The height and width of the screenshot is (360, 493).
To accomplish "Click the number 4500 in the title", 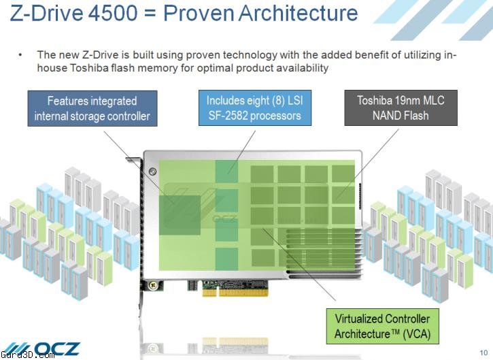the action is click(x=113, y=13).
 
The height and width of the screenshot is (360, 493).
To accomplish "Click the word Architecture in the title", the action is click(x=299, y=13).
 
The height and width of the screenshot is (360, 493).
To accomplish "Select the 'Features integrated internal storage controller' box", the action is click(x=92, y=109).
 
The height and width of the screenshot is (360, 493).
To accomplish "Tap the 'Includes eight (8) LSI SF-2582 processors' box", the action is click(x=255, y=108).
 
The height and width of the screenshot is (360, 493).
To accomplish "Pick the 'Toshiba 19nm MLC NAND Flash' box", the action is click(x=401, y=108).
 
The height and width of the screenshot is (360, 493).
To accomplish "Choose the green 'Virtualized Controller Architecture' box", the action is click(x=383, y=326).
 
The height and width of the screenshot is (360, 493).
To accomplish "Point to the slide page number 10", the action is click(x=483, y=353).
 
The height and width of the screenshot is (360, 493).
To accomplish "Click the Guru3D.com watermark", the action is click(x=27, y=356).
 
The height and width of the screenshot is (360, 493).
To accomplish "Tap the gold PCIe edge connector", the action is click(x=235, y=293).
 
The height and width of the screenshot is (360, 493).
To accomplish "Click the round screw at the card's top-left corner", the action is click(x=152, y=171).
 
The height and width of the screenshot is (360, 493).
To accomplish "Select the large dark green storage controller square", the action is click(x=180, y=215).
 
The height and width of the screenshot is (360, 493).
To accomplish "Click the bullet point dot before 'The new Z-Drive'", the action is click(x=20, y=55).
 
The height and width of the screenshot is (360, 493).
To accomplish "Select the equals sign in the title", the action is click(x=150, y=14).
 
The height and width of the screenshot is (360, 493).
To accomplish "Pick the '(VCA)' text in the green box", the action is click(x=416, y=333).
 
